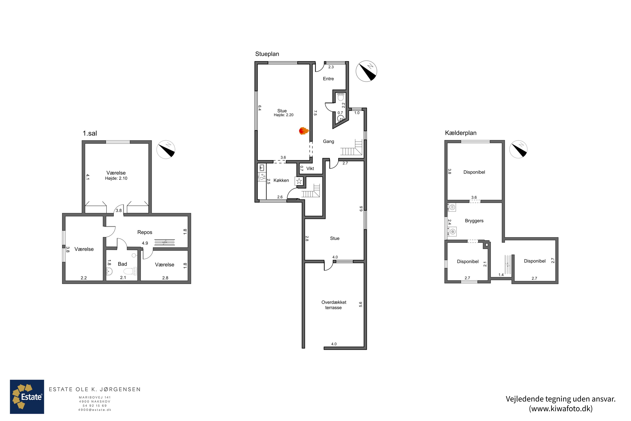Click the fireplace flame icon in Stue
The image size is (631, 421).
point(304,131)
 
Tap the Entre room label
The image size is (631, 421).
point(328,79)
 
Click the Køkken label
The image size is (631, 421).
point(281,180)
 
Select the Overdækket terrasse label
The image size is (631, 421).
point(334,305)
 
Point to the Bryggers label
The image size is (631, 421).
point(474,221)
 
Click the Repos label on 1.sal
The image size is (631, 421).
point(145,232)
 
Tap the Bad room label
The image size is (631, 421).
point(122,264)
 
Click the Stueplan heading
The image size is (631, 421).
point(267,54)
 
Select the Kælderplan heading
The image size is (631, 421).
point(461,133)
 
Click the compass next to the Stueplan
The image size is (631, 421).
point(366,71)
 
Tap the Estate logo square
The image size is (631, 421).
point(27,397)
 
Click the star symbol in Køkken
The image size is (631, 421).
point(299,181)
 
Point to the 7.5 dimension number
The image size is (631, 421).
point(315,113)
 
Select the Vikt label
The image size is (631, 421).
point(310,169)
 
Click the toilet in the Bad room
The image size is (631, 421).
point(131,271)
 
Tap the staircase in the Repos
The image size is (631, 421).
point(164,242)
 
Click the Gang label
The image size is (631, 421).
point(328,141)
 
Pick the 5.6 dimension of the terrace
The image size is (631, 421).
point(360,304)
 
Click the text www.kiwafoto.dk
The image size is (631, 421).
point(561,409)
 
